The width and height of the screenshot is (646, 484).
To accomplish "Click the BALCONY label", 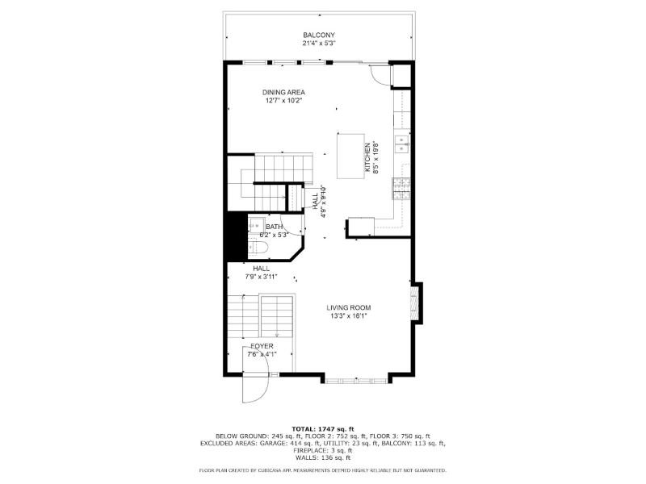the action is [x=319, y=35].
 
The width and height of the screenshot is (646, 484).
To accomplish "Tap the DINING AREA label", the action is [x=283, y=92].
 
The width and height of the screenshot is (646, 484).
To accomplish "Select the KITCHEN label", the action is [x=367, y=157].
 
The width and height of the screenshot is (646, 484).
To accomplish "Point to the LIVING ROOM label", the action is [x=349, y=307].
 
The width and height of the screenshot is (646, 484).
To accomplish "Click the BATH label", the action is [x=274, y=227].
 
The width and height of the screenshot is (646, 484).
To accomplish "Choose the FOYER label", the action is [x=262, y=347].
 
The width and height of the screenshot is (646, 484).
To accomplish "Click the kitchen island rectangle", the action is [x=350, y=156].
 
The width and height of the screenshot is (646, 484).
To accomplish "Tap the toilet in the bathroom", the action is [x=258, y=248].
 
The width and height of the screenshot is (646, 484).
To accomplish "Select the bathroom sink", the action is [x=256, y=226].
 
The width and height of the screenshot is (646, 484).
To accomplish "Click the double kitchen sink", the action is [x=401, y=144].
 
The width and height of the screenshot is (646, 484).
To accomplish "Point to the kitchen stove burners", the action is [x=401, y=189].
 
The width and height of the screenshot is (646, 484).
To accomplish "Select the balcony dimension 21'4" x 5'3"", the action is [x=319, y=44].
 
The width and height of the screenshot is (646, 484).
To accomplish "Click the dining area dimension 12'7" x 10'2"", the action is [x=284, y=100].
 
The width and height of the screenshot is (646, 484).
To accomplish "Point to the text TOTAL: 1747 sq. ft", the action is [x=323, y=429].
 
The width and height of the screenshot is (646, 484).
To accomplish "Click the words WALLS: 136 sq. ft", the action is [x=323, y=457].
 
